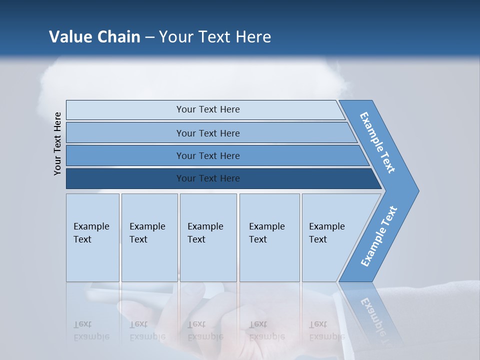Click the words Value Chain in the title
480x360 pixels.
[94, 37]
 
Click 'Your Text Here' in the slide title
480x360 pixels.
[215, 37]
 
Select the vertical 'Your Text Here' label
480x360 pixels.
[58, 143]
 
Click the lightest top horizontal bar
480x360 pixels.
[207, 109]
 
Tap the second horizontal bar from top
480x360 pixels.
[207, 133]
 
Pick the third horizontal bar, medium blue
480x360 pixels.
[207, 155]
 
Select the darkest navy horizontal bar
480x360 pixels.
[207, 178]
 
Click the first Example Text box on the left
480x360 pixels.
[92, 237]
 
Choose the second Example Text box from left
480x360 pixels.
[149, 237]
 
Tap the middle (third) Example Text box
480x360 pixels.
[207, 237]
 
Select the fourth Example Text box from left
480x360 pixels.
[269, 237]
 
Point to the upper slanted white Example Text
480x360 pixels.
[378, 143]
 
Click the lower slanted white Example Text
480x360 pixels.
[378, 236]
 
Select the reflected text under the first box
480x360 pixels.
[91, 330]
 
